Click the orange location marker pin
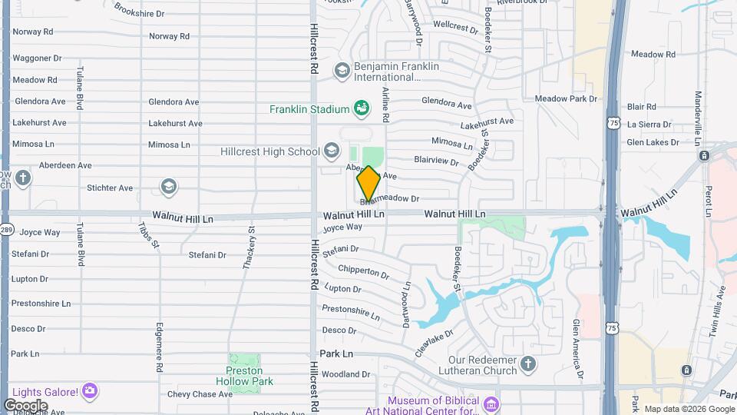368,184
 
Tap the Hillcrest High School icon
331,151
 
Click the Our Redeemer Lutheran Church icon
527,364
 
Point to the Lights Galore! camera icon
90,392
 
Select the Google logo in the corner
25,405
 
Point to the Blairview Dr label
436,161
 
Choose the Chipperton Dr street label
363,272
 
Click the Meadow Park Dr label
566,99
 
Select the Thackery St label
248,247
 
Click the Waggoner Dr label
37,58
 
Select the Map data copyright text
689,409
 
